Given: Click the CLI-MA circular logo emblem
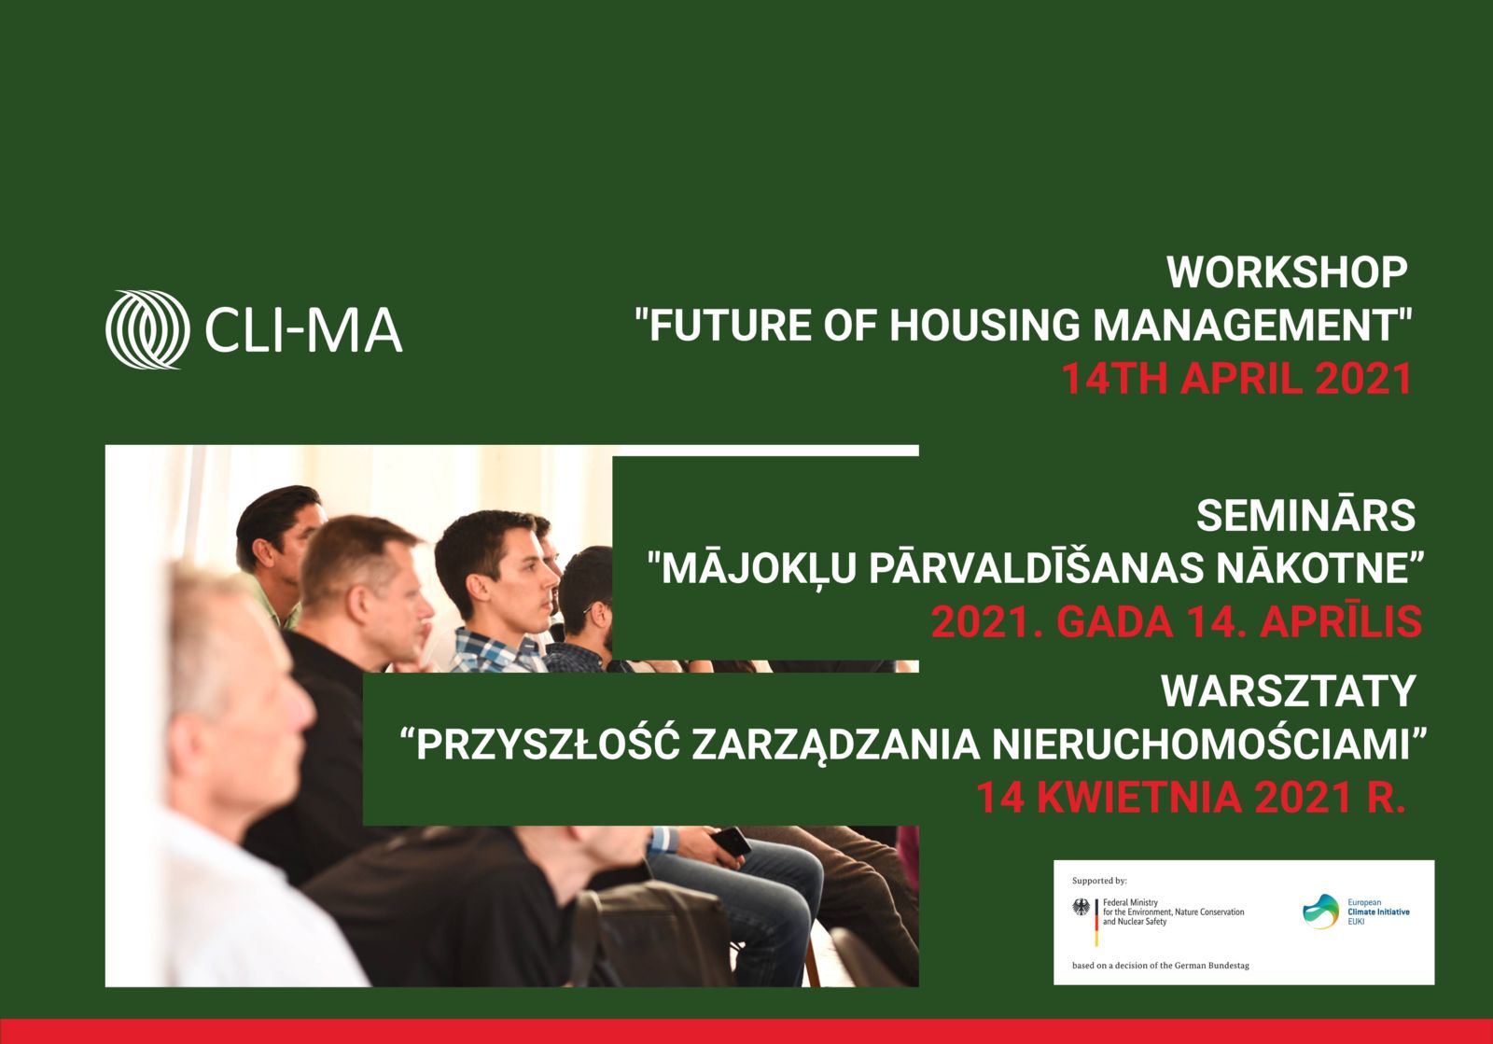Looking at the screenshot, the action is click(x=147, y=329).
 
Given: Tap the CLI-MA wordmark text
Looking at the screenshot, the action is click(x=304, y=329).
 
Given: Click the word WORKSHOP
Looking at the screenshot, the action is click(x=1287, y=272).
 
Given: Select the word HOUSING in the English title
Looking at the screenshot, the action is click(x=984, y=325).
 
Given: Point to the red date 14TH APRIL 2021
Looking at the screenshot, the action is click(x=1236, y=379).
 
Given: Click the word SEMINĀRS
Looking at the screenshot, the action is click(x=1305, y=515).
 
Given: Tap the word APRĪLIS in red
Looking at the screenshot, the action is click(x=1340, y=621).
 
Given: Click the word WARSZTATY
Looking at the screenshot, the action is click(x=1289, y=691).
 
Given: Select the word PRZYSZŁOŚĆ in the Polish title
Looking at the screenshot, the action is click(x=548, y=745).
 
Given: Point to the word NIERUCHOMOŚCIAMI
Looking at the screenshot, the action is click(x=1201, y=745).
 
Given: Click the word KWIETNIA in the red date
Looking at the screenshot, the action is click(x=1139, y=798).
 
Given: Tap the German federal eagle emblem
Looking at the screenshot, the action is click(x=1081, y=907).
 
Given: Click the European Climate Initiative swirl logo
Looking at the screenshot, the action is click(x=1321, y=912).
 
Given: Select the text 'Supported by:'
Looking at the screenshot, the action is click(x=1100, y=881).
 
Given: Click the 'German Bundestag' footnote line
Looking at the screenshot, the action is click(x=1161, y=966).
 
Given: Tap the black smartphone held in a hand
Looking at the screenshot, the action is click(x=731, y=842).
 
